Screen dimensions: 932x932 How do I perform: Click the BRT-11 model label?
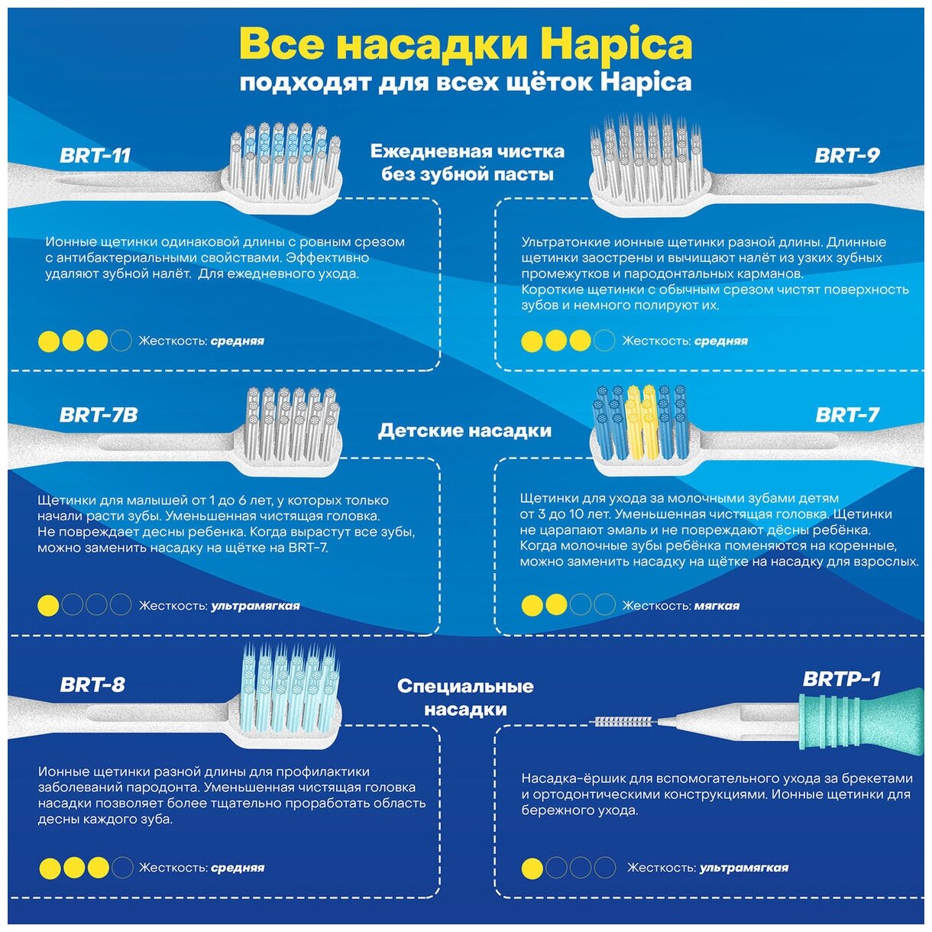(x=95, y=156)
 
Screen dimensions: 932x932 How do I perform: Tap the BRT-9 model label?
(x=846, y=156)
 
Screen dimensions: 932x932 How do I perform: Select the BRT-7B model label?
(x=99, y=416)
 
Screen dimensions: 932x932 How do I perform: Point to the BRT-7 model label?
(x=847, y=416)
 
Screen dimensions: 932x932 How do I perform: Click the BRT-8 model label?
(x=92, y=684)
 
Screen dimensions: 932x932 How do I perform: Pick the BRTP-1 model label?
(x=841, y=679)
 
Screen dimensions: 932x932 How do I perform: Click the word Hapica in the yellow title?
(x=616, y=44)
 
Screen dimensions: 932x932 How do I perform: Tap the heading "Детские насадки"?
(x=464, y=431)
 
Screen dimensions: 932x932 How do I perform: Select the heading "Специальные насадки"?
(x=465, y=697)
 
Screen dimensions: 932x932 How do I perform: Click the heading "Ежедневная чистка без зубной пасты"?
(x=468, y=163)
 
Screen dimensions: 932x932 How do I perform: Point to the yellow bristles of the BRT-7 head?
(x=641, y=420)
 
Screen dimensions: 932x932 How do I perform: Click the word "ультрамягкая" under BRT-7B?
(x=255, y=607)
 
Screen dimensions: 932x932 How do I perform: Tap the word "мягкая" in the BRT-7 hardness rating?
(x=717, y=607)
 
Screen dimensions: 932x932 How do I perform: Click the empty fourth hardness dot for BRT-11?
(x=121, y=341)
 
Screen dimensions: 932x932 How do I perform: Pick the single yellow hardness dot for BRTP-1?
(x=532, y=869)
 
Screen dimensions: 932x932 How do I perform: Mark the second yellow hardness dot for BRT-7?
(x=556, y=606)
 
